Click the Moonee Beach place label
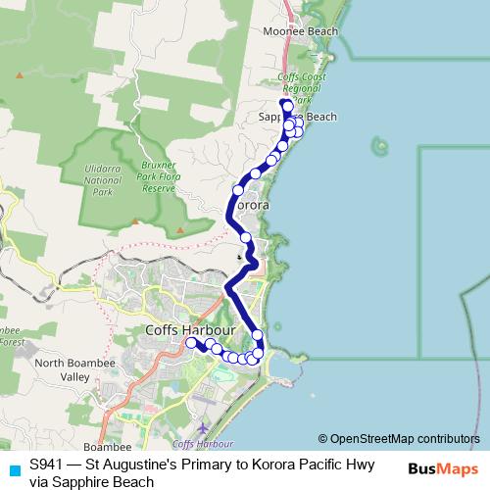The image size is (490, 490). coord(301,31)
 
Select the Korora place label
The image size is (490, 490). coord(252,207)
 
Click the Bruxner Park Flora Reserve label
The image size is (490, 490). coord(158,176)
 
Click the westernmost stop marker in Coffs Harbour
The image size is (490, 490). coord(191,342)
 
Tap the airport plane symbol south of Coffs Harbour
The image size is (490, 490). coord(202,428)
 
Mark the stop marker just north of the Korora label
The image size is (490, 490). coord(238,189)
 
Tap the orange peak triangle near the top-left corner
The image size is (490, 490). coord(19,74)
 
